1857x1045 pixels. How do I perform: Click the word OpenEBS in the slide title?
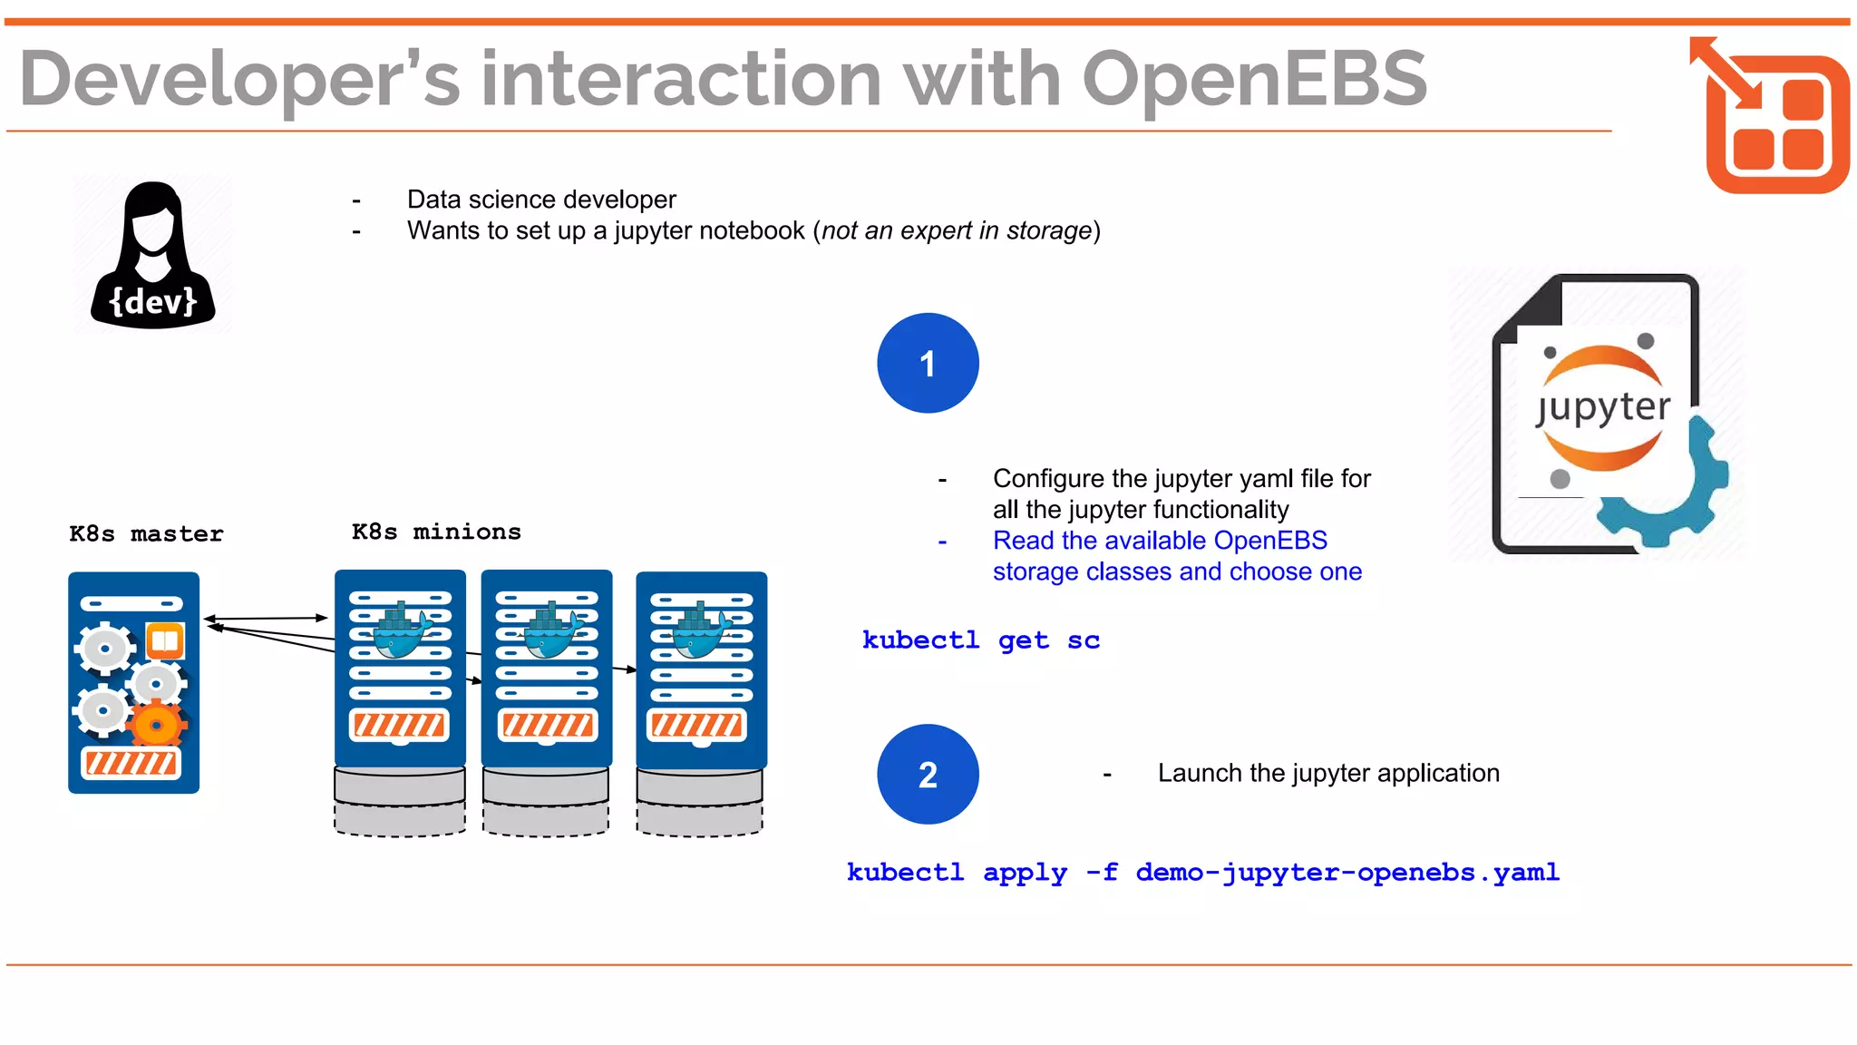1254,80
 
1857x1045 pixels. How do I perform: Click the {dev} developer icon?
152,255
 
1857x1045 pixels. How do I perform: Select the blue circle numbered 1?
928,364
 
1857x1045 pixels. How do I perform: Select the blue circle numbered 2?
928,775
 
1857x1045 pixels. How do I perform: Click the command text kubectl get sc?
980,640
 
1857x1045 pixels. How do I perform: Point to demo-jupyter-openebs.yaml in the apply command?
1347,873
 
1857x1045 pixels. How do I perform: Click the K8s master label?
146,534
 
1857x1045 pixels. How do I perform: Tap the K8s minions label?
436,532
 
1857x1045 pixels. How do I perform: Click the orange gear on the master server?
157,726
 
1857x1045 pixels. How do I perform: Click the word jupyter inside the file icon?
1603,408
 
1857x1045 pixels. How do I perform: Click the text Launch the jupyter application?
1327,774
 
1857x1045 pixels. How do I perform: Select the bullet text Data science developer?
541,200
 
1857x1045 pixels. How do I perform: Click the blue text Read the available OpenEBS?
1159,541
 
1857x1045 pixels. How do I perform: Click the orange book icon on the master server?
165,641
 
